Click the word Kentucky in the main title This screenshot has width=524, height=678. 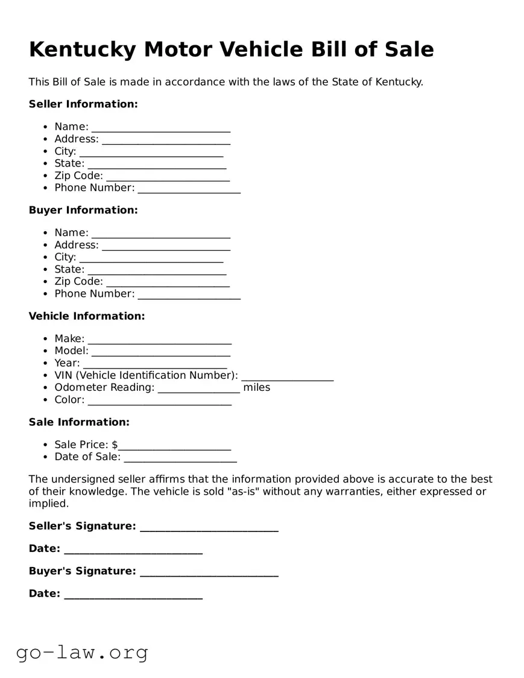coord(82,49)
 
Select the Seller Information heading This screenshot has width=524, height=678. coord(83,104)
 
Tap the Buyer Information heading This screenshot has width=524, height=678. coord(83,210)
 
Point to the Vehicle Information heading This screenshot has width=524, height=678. coord(87,316)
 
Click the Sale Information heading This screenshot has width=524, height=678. coord(79,422)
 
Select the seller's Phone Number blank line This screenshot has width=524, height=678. coord(189,189)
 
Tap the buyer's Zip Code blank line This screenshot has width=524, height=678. coord(168,282)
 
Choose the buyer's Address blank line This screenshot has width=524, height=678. coord(166,246)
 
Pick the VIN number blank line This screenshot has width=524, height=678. coord(288,376)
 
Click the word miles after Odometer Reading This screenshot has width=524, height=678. coord(257,387)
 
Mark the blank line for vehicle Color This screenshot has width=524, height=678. coord(160,401)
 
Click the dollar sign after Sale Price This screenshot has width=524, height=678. coord(115,445)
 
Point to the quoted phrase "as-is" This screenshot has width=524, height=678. coord(244,492)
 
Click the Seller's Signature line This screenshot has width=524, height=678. coord(209,527)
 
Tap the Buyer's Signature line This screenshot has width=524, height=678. coord(209,572)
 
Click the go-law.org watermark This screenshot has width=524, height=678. coord(82,652)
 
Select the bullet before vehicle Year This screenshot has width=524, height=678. coord(46,363)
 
